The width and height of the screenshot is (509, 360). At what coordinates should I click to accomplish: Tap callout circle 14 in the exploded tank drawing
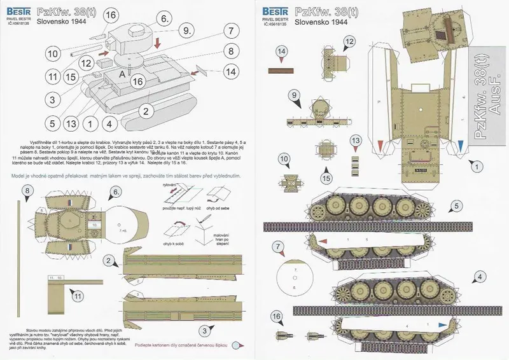232,73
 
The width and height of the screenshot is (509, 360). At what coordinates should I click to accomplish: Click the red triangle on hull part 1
380,146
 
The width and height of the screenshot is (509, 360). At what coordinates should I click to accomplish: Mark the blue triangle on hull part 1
461,146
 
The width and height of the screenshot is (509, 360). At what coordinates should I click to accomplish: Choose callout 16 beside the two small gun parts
275,316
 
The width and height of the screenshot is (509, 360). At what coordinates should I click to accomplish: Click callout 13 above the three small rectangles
355,141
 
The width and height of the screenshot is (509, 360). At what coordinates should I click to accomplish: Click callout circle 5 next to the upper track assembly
455,207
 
